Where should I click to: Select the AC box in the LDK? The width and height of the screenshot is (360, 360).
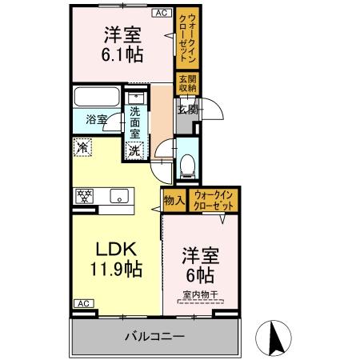(82, 303)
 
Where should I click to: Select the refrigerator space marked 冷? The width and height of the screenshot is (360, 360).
(82, 146)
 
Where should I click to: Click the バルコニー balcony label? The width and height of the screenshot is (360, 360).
(154, 335)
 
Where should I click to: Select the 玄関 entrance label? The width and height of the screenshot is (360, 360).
(187, 109)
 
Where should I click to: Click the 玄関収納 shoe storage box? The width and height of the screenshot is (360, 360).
(188, 84)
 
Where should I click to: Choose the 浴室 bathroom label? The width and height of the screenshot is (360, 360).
(98, 120)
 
